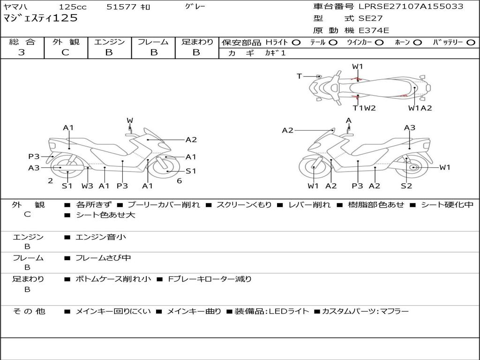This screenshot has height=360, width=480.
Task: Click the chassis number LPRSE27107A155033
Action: click(x=411, y=7)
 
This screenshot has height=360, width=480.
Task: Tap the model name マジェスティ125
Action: click(x=41, y=19)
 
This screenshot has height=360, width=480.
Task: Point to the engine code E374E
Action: click(x=374, y=30)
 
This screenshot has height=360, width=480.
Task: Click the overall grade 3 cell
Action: click(x=22, y=52)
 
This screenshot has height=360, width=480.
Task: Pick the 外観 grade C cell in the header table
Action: click(x=65, y=52)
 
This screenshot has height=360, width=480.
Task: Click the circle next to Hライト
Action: click(x=296, y=42)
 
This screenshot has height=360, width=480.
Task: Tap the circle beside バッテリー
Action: click(x=471, y=42)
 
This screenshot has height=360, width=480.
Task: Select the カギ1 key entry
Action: click(x=276, y=53)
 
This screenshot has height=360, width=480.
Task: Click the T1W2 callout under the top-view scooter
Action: click(x=364, y=108)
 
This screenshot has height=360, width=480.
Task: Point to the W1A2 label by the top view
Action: click(x=420, y=108)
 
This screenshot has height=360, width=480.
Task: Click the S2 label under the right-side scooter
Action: click(x=406, y=186)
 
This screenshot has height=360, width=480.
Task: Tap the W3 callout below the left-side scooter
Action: click(x=87, y=186)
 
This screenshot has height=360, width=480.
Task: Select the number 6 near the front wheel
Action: click(x=179, y=180)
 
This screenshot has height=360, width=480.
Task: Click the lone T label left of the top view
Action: click(x=299, y=76)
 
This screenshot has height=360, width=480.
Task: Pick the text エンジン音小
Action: click(x=101, y=237)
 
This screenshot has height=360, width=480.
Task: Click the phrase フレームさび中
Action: click(x=104, y=258)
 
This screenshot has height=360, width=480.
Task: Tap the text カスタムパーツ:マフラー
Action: click(x=365, y=311)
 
